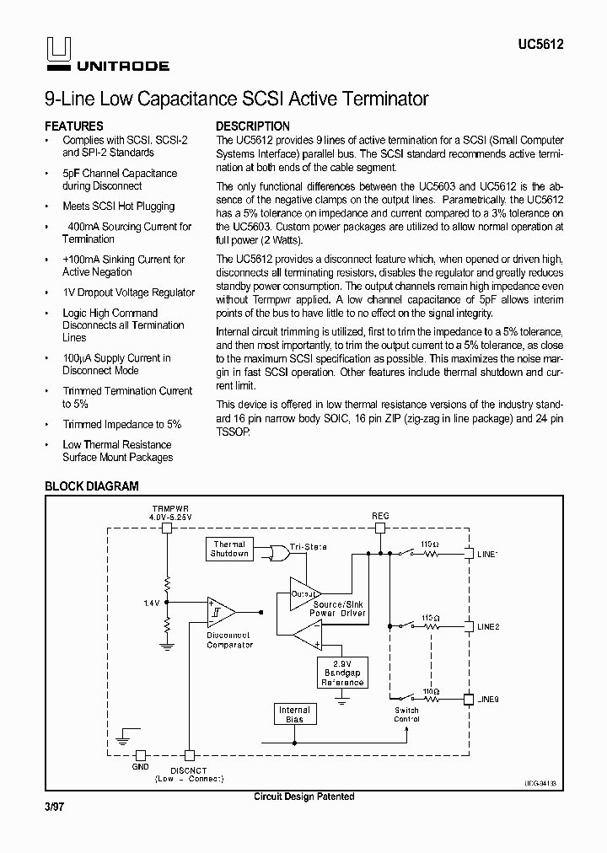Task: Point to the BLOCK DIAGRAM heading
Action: click(x=91, y=486)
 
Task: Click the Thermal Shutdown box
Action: click(x=229, y=550)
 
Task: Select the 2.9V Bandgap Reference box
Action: click(x=342, y=671)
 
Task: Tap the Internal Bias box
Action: click(x=294, y=715)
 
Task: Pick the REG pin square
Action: click(x=380, y=528)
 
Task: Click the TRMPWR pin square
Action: click(x=167, y=528)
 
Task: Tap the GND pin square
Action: click(x=141, y=756)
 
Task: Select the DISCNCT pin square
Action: click(x=190, y=756)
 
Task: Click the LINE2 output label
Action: click(x=488, y=627)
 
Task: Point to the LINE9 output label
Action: click(x=488, y=699)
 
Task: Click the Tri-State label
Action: click(x=308, y=547)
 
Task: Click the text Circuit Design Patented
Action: click(x=303, y=797)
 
